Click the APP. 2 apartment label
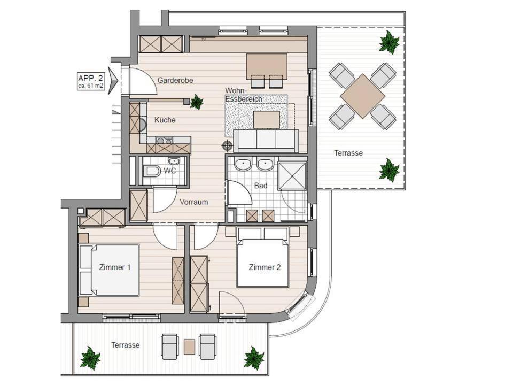pyautogui.click(x=91, y=78)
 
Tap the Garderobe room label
pyautogui.click(x=175, y=80)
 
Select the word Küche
pyautogui.click(x=165, y=120)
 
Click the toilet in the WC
pyautogui.click(x=152, y=171)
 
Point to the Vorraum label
pyautogui.click(x=193, y=202)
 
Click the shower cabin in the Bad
pyautogui.click(x=292, y=175)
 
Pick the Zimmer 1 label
pyautogui.click(x=114, y=267)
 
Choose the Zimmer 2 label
pyautogui.click(x=265, y=267)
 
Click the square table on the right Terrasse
pyautogui.click(x=362, y=96)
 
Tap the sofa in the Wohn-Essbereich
pyautogui.click(x=266, y=141)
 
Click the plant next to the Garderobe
pyautogui.click(x=196, y=102)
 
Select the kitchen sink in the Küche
pyautogui.click(x=164, y=141)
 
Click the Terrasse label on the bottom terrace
pyautogui.click(x=125, y=345)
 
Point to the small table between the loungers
pyautogui.click(x=189, y=346)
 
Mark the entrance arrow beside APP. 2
pyautogui.click(x=113, y=78)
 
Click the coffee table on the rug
pyautogui.click(x=266, y=120)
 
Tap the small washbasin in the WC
pyautogui.click(x=173, y=161)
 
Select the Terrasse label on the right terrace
pyautogui.click(x=348, y=153)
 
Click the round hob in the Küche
pyautogui.click(x=143, y=125)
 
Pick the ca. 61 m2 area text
pyautogui.click(x=90, y=87)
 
